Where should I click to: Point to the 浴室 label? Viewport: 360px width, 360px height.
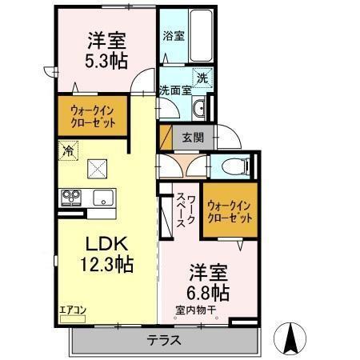(174, 35)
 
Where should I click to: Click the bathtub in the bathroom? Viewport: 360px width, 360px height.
(201, 36)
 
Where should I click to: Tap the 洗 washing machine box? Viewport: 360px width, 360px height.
(202, 78)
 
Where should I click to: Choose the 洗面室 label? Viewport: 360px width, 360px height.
(174, 90)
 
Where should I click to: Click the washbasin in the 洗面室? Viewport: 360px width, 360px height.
(201, 107)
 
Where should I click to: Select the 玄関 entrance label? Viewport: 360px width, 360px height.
(193, 137)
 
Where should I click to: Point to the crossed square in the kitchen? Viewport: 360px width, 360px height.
(98, 169)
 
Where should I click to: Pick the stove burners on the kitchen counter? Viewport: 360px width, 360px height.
(70, 197)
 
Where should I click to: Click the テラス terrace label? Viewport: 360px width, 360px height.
(163, 340)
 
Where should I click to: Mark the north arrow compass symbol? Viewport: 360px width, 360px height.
(293, 339)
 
